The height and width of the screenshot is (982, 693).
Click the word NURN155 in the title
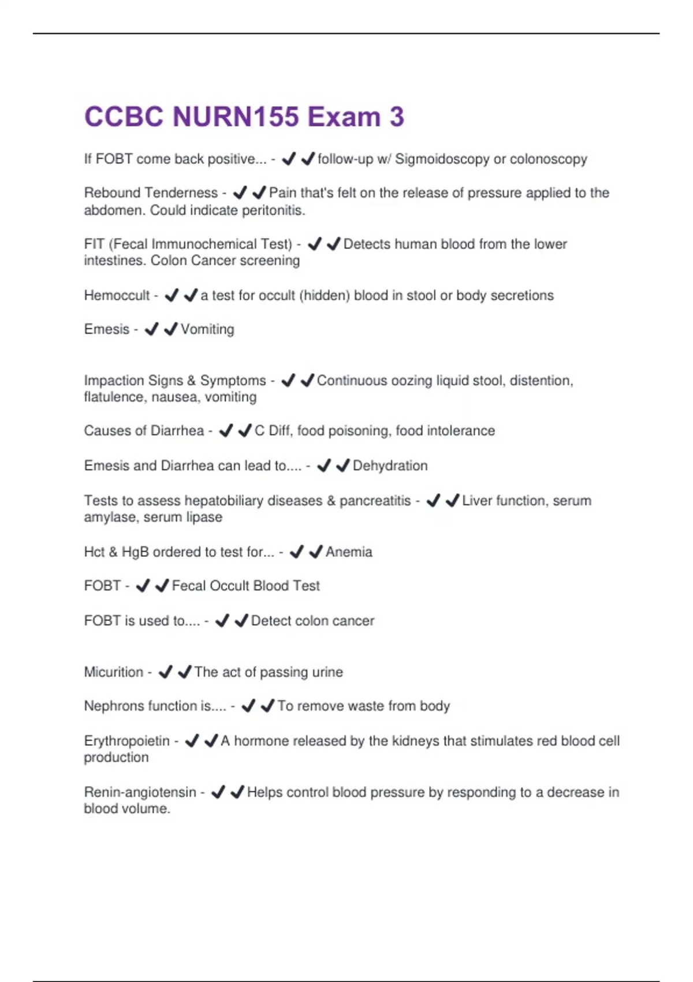coord(236,117)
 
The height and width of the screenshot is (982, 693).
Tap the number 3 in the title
coord(397,117)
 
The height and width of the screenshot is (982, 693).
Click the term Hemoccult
coord(117,296)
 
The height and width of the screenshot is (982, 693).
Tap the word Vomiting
coord(207,329)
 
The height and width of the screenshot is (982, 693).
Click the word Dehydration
coord(390,466)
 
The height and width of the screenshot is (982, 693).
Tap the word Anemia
coord(349,552)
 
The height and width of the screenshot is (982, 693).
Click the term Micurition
coord(113,672)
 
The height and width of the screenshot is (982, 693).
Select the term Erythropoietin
coord(126,741)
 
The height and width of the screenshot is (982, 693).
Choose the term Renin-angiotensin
coord(140,792)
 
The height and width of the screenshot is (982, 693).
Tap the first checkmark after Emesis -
coord(151,329)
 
